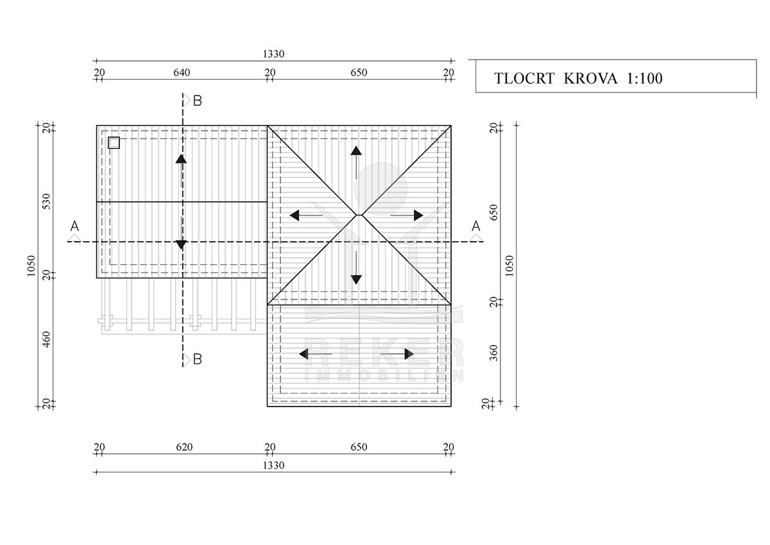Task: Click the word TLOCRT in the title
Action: pyautogui.click(x=524, y=79)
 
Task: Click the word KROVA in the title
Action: pyautogui.click(x=590, y=79)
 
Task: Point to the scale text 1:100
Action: pyautogui.click(x=644, y=79)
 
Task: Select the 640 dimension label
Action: pyautogui.click(x=182, y=72)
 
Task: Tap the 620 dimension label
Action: pyautogui.click(x=184, y=447)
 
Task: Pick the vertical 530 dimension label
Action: pyautogui.click(x=46, y=201)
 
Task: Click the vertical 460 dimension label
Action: pyautogui.click(x=46, y=339)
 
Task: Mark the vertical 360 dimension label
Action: pyautogui.click(x=493, y=353)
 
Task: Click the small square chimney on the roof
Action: pyautogui.click(x=114, y=143)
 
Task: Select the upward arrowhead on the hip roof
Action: pyautogui.click(x=356, y=151)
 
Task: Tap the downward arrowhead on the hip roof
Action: pyautogui.click(x=356, y=280)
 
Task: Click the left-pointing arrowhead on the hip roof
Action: pyautogui.click(x=295, y=215)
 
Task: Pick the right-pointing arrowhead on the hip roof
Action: pyautogui.click(x=418, y=215)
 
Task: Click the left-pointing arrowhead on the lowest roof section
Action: pyautogui.click(x=304, y=354)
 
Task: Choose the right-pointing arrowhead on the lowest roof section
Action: pyautogui.click(x=409, y=354)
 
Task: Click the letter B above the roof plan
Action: pyautogui.click(x=198, y=101)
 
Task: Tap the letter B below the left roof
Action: pyautogui.click(x=198, y=359)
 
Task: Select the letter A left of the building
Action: pyautogui.click(x=74, y=226)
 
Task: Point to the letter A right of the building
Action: pyautogui.click(x=475, y=226)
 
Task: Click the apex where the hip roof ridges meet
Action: pyautogui.click(x=359, y=215)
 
